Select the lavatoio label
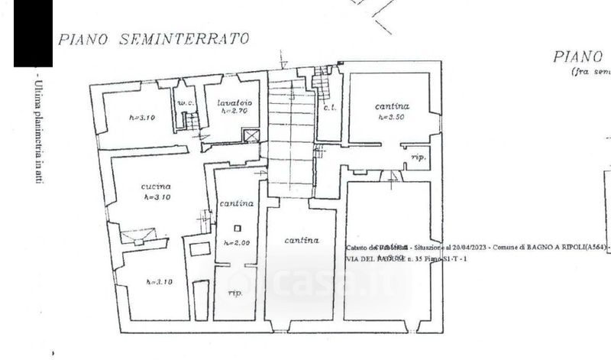coord(234,102)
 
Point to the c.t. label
coord(330,107)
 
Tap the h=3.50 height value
coord(391,118)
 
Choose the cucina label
coord(155,186)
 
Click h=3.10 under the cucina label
coord(156,197)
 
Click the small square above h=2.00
coord(238,228)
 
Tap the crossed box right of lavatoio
coord(251,136)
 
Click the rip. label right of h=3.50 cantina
coord(419,157)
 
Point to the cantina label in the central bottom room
coord(301,241)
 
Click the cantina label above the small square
coord(236,204)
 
